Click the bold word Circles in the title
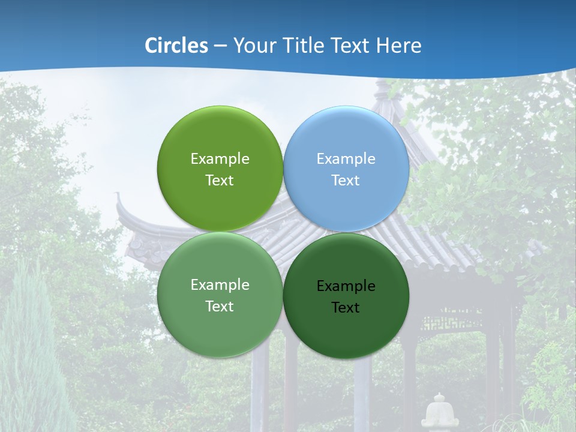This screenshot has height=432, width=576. [x=176, y=45]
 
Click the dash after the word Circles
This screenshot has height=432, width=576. [x=220, y=46]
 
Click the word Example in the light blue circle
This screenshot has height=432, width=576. [x=346, y=159]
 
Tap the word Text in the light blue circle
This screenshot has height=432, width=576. [x=346, y=181]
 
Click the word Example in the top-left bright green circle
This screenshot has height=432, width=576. [x=220, y=159]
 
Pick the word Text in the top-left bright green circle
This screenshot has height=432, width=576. [x=220, y=181]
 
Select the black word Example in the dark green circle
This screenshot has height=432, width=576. [x=346, y=286]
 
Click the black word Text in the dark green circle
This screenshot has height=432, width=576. [x=346, y=308]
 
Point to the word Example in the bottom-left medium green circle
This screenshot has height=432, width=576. [x=220, y=285]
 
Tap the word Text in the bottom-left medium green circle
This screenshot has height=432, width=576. [x=220, y=307]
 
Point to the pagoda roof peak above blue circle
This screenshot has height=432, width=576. [x=382, y=90]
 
